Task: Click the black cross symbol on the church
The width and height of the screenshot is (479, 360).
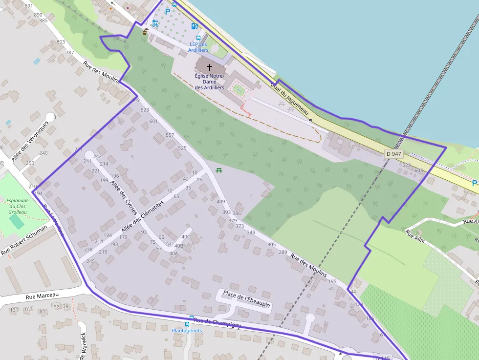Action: [x=210, y=67]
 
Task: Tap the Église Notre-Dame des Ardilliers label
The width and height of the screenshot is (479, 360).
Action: [x=209, y=82]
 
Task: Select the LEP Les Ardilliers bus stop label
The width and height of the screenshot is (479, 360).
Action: [x=198, y=47]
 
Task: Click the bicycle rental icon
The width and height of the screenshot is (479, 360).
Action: [x=155, y=23]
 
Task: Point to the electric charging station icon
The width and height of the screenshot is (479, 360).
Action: [x=195, y=26]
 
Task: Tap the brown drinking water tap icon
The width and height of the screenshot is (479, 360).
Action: [x=145, y=32]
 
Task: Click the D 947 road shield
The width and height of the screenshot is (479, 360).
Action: [x=393, y=153]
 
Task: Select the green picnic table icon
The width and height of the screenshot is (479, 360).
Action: [x=219, y=170]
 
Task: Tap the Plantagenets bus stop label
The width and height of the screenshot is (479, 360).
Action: [x=187, y=330]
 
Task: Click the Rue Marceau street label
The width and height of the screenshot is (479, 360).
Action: [x=42, y=296]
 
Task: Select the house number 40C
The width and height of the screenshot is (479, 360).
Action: [x=186, y=237]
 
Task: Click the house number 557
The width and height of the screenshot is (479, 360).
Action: [x=170, y=135]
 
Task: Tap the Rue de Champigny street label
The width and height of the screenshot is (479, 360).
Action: [x=217, y=323]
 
